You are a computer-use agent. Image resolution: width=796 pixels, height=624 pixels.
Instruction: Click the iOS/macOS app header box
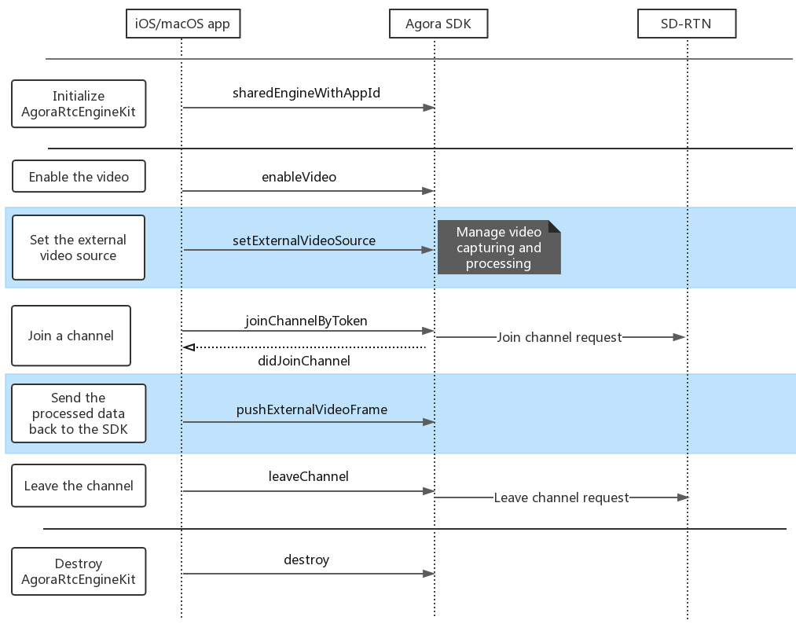click(x=183, y=24)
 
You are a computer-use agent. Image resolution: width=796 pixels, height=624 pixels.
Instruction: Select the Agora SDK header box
click(x=438, y=24)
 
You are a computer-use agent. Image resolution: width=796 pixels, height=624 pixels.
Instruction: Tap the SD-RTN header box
click(x=687, y=24)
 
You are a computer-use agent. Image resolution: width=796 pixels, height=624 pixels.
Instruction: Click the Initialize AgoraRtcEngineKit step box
click(x=79, y=104)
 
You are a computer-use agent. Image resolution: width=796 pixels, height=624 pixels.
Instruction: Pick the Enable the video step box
click(x=79, y=176)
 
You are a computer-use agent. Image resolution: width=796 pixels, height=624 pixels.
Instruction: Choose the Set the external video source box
click(x=78, y=248)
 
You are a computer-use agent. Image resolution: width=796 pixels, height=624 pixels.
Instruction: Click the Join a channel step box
click(x=71, y=336)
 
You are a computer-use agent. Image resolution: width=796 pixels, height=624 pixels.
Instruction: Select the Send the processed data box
click(x=79, y=413)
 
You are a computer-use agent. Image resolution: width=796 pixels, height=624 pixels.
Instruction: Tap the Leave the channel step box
click(x=79, y=486)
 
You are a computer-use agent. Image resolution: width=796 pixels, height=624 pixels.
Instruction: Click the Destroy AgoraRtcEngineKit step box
click(x=79, y=571)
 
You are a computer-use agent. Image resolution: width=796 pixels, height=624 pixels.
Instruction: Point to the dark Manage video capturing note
click(x=499, y=248)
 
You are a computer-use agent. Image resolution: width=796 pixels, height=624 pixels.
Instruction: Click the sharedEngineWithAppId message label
click(x=306, y=93)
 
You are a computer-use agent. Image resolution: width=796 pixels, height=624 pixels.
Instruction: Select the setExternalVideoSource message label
click(x=304, y=240)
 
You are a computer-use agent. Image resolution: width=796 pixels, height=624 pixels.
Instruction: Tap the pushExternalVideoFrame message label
click(x=312, y=409)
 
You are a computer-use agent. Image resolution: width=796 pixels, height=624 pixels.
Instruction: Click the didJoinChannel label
click(x=304, y=361)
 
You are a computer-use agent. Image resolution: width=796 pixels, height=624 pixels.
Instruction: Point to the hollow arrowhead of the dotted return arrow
click(x=189, y=347)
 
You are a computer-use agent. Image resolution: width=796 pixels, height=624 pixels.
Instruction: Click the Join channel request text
click(x=559, y=337)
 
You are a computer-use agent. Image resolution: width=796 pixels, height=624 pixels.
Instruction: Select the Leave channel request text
click(x=561, y=497)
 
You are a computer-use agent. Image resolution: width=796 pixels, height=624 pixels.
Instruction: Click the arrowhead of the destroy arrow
click(x=429, y=574)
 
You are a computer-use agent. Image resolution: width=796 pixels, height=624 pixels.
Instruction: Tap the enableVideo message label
click(x=299, y=177)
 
